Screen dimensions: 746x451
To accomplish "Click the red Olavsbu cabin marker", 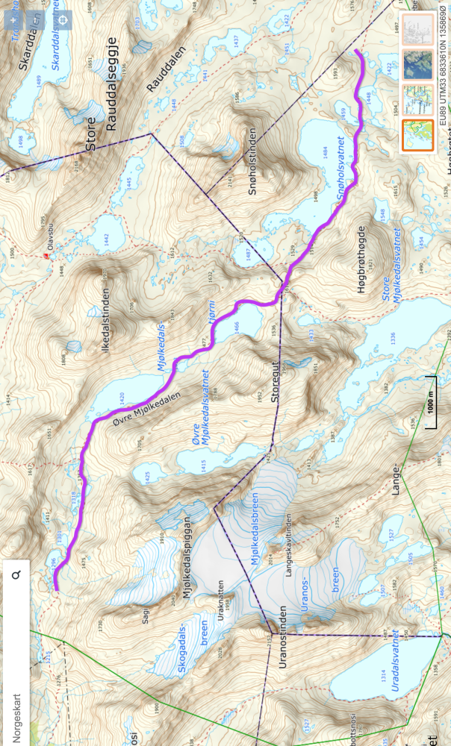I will pyautogui.click(x=46, y=256).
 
